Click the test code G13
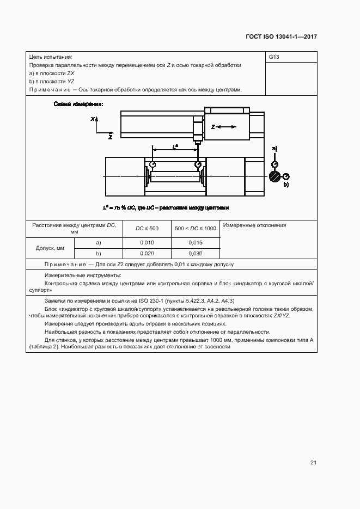(x=274, y=57)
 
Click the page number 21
(x=313, y=462)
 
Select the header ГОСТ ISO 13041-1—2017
(x=281, y=36)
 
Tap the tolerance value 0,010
(x=147, y=242)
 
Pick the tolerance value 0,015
(x=196, y=242)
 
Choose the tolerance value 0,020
(x=147, y=253)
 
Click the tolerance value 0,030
(x=196, y=253)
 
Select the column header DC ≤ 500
(x=147, y=228)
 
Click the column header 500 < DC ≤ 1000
(x=196, y=228)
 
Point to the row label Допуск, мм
(x=50, y=248)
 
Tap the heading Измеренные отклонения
(x=254, y=225)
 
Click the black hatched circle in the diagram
(x=274, y=176)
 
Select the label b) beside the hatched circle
(x=286, y=185)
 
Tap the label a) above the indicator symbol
(x=274, y=149)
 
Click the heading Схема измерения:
(x=78, y=104)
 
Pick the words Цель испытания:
(x=51, y=57)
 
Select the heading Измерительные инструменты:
(x=83, y=275)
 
